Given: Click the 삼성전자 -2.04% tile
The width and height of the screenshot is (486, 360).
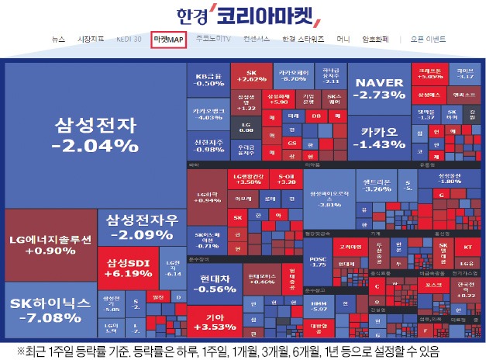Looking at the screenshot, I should point(95,133).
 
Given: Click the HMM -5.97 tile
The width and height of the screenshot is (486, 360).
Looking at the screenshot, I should point(319,306).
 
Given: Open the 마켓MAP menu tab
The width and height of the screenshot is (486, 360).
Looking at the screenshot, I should point(169,38).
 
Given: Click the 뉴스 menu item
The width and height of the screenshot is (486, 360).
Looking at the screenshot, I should point(59,38).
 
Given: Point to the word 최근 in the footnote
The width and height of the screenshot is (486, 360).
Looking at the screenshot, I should point(36,351).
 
